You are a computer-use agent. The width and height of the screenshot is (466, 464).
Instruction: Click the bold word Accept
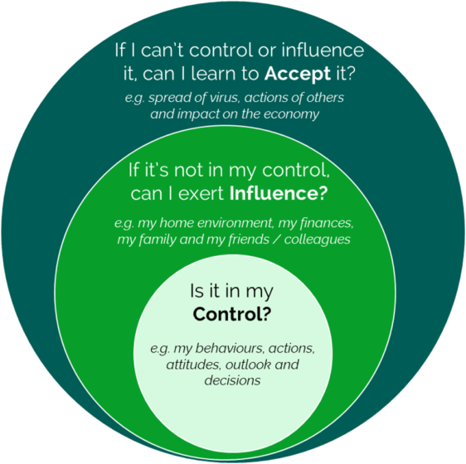pyautogui.click(x=297, y=74)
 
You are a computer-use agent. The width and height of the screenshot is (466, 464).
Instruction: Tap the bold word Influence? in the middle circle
pyautogui.click(x=279, y=193)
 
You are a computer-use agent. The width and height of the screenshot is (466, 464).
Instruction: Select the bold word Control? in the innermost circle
pyautogui.click(x=232, y=314)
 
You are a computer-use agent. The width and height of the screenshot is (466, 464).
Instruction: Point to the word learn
pyautogui.click(x=213, y=73)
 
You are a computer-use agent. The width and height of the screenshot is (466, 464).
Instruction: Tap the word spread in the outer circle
pyautogui.click(x=169, y=98)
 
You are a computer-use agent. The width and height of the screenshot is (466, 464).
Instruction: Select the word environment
pyautogui.click(x=235, y=223)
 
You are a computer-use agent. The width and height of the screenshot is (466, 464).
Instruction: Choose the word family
pyautogui.click(x=157, y=239)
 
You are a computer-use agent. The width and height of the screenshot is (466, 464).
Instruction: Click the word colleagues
pyautogui.click(x=317, y=239)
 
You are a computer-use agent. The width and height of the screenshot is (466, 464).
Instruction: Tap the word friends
pyautogui.click(x=249, y=239)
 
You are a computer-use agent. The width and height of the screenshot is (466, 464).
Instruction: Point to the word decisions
pyautogui.click(x=232, y=380)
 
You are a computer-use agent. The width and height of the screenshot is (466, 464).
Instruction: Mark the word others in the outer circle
pyautogui.click(x=326, y=98)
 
